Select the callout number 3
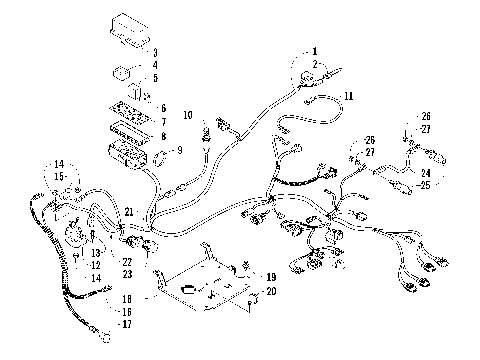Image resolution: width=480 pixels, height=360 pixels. (x=154, y=52)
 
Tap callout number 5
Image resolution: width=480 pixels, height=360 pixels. (x=154, y=78)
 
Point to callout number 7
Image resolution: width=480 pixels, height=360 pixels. (x=163, y=121)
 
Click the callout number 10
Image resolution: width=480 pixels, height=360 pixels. (x=187, y=117)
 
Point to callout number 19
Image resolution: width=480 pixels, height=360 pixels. (x=269, y=275)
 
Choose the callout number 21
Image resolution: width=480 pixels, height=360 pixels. (x=129, y=211)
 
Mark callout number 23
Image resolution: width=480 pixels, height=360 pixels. (x=127, y=274)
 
